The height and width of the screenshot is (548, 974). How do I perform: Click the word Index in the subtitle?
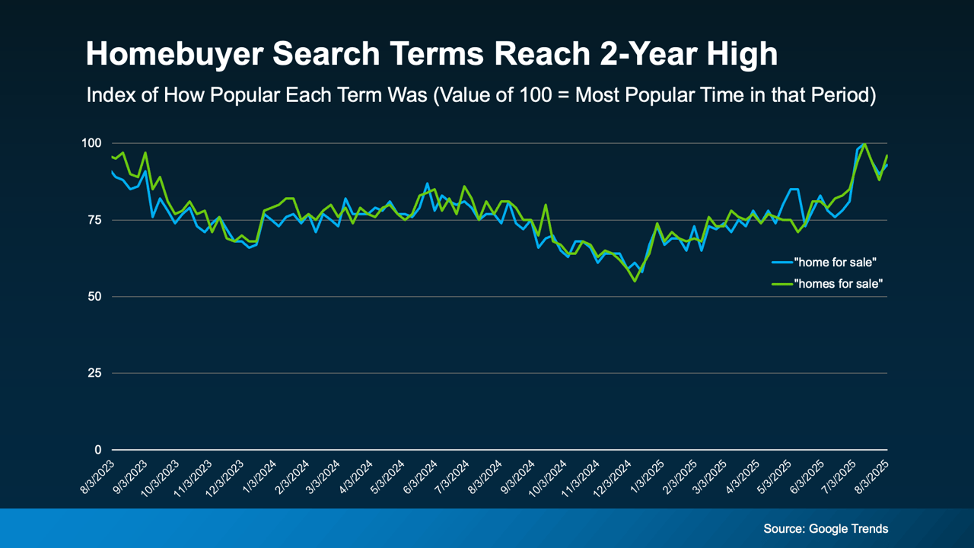(x=107, y=96)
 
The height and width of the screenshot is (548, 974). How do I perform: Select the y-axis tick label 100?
(x=91, y=143)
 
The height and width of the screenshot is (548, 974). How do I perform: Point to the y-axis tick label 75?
(x=94, y=220)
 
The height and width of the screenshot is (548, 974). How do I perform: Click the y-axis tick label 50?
(x=94, y=297)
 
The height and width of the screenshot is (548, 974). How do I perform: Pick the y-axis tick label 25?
(x=94, y=373)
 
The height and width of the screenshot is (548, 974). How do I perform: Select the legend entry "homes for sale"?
(x=839, y=284)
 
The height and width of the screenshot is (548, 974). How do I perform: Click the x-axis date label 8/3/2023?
(x=99, y=476)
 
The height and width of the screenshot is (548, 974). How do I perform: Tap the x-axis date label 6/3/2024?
(x=423, y=476)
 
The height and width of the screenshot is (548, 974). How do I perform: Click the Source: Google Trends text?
(x=826, y=528)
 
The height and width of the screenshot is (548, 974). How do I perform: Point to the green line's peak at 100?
(x=865, y=144)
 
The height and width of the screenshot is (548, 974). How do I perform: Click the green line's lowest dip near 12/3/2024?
(x=635, y=281)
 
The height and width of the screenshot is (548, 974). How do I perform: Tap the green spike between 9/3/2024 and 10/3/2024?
(x=546, y=205)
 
